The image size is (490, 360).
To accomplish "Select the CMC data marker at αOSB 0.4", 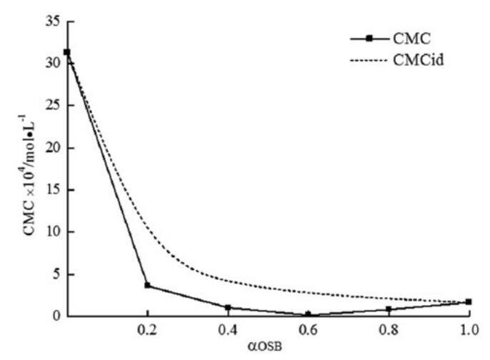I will pos(228,308).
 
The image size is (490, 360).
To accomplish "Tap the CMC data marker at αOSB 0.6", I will pos(308,314).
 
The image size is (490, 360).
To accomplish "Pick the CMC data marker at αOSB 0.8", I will pos(389,309).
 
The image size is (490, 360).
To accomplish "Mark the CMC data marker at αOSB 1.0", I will pos(469,302).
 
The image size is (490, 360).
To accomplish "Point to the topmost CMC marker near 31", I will pos(67,52).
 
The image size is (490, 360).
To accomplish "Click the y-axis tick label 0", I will pos(56,316).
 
